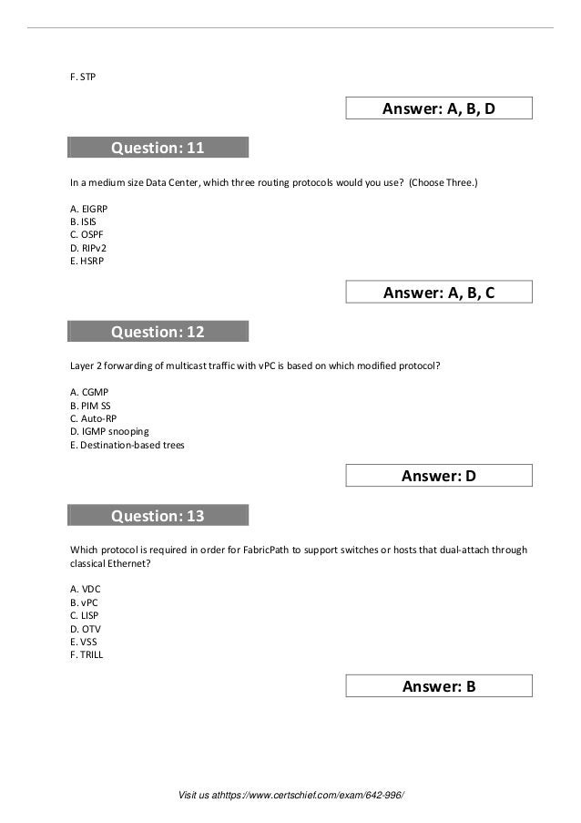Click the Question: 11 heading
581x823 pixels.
[x=158, y=148]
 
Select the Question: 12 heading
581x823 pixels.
[x=158, y=332]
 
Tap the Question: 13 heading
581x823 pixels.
[x=158, y=516]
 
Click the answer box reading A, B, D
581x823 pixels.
[x=439, y=109]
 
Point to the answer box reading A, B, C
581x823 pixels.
[x=439, y=293]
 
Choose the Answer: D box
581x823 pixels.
[x=439, y=476]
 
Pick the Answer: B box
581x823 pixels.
[x=439, y=686]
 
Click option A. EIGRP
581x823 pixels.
[x=88, y=209]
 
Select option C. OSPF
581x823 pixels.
[x=87, y=234]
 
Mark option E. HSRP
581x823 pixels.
[x=87, y=261]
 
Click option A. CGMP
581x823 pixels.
[x=88, y=393]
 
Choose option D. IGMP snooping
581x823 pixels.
[x=109, y=431]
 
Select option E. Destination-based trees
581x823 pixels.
[x=127, y=445]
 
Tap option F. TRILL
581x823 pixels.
[x=87, y=653]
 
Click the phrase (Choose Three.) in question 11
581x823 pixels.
[x=442, y=182]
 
